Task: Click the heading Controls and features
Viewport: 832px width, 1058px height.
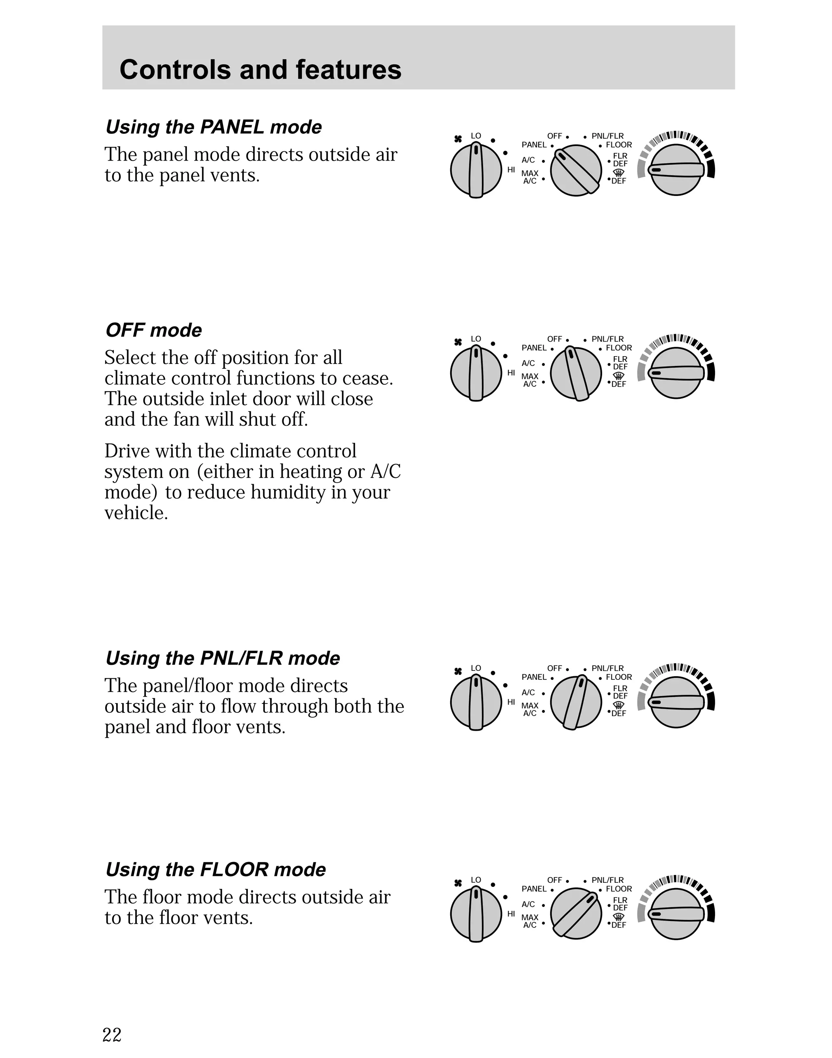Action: point(260,69)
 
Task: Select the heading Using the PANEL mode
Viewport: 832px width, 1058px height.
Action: point(213,127)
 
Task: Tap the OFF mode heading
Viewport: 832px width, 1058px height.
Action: point(154,330)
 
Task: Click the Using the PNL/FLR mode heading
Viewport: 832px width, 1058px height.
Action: point(223,658)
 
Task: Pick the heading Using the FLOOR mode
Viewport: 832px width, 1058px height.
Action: point(215,869)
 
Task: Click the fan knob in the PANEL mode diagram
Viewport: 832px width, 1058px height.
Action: point(476,170)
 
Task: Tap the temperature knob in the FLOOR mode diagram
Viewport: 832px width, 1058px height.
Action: point(676,914)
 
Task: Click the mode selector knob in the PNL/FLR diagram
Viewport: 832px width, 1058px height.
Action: point(576,703)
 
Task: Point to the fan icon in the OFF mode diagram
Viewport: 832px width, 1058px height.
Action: point(458,342)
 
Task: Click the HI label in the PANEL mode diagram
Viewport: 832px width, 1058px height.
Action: point(511,170)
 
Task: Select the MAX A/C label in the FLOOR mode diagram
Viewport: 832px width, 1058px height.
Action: point(530,921)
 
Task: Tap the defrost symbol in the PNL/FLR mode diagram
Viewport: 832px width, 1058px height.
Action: point(619,705)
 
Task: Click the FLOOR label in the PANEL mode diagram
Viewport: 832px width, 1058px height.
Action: point(619,145)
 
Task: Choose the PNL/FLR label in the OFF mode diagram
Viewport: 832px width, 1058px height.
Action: point(607,339)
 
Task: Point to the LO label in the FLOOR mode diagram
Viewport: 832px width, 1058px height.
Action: point(476,879)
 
